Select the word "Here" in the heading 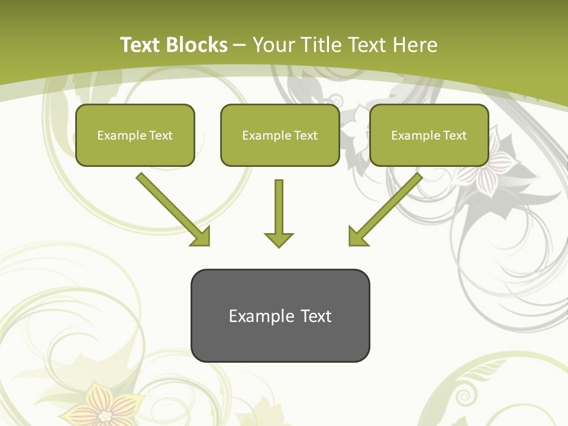[x=415, y=45]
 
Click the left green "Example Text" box [x=135, y=135]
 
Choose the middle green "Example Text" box [x=280, y=135]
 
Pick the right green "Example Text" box [x=429, y=135]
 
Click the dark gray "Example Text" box [x=280, y=315]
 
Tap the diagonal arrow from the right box [x=390, y=205]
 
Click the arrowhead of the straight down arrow [x=279, y=240]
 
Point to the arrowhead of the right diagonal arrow [x=357, y=236]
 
